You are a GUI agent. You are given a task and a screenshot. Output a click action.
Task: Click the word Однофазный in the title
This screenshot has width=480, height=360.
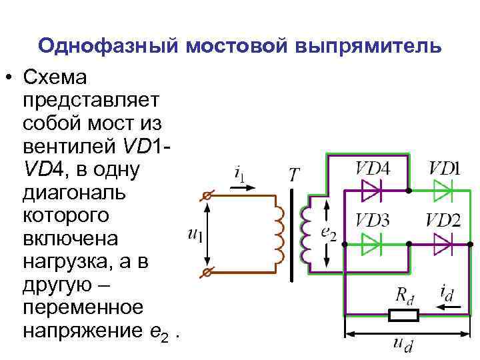tap(107, 46)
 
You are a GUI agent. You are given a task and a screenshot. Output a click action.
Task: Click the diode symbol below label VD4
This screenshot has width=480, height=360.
tap(371, 191)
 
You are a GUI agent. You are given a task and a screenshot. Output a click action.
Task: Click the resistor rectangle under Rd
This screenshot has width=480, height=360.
tap(404, 315)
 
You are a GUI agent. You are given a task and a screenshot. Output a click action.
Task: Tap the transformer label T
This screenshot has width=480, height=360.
tap(295, 175)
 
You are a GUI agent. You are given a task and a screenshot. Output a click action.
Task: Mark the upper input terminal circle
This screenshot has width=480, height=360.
tap(207, 197)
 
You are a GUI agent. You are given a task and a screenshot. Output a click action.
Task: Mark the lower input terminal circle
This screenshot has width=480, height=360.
tap(207, 272)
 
